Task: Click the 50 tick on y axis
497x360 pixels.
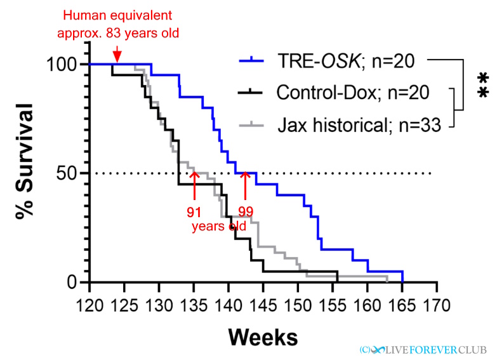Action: (x=67, y=173)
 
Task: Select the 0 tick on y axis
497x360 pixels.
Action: (x=74, y=283)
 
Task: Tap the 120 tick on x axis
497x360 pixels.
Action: (x=89, y=305)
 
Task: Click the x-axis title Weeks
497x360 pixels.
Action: (x=263, y=335)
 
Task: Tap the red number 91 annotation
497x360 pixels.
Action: (x=194, y=210)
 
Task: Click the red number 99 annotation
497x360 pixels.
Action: (x=246, y=210)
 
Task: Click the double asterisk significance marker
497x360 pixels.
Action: (x=483, y=86)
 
